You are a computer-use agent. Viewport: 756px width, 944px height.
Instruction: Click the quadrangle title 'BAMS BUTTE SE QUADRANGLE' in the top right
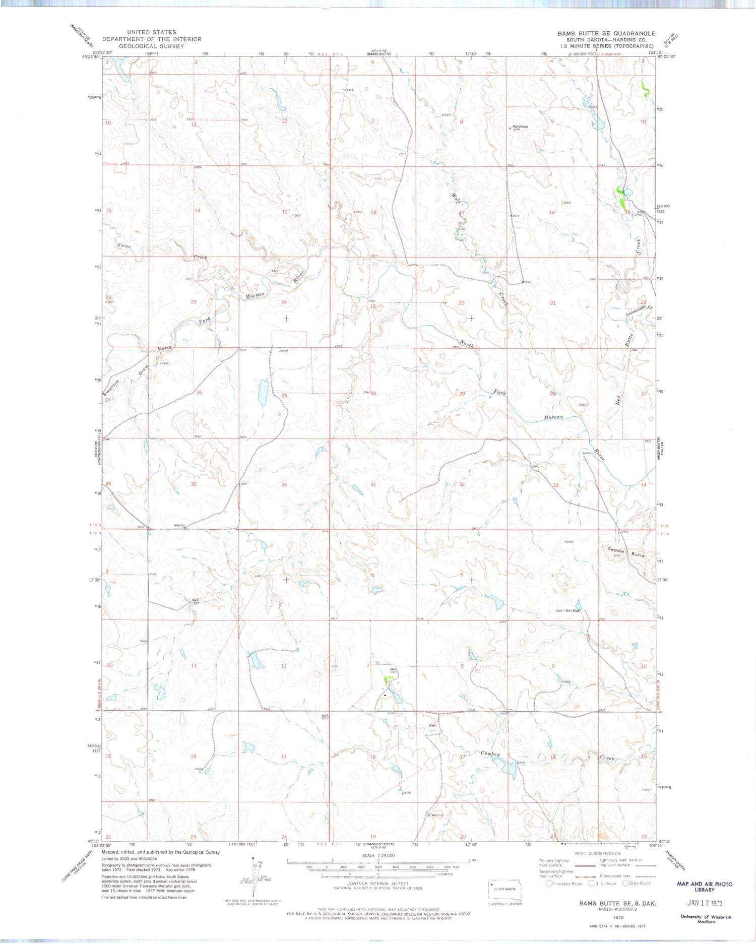(606, 33)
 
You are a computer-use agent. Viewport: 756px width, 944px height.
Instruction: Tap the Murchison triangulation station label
(520, 127)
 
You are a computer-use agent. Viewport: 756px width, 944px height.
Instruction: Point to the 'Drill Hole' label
(572, 610)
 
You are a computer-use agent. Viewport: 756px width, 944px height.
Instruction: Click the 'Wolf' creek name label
(456, 197)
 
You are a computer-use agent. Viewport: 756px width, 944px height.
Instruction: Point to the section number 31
(373, 484)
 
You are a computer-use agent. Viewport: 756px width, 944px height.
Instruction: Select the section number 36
(284, 484)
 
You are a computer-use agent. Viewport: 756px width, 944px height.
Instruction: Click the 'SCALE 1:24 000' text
(379, 855)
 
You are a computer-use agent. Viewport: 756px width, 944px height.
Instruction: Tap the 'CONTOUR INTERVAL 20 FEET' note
(378, 884)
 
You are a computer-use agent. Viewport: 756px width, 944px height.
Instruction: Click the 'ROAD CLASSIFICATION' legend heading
(598, 853)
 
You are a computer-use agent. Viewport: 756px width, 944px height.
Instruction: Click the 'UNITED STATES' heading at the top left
(151, 32)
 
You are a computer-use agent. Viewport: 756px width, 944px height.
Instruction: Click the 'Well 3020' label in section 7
(394, 670)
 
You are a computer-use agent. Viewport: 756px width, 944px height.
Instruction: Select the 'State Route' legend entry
(637, 883)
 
